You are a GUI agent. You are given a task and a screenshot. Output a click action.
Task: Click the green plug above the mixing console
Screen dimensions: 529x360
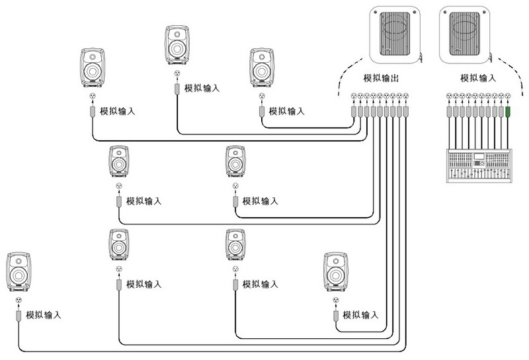508,112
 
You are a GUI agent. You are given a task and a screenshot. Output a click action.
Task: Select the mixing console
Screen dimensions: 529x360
479,166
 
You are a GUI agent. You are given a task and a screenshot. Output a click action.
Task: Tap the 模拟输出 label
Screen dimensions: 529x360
381,78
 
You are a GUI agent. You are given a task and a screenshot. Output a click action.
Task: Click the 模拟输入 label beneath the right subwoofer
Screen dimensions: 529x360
478,78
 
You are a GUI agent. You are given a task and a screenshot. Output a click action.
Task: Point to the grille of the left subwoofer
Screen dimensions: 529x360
395,34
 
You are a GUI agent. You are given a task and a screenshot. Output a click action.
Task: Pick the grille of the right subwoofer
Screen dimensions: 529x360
465,34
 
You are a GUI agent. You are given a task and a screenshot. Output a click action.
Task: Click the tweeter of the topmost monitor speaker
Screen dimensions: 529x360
177,34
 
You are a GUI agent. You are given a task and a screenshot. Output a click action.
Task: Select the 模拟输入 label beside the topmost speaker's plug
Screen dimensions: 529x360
202,89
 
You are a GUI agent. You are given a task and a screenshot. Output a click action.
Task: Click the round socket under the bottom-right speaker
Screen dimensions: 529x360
335,300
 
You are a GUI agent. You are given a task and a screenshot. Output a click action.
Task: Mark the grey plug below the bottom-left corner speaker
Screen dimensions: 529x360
19,316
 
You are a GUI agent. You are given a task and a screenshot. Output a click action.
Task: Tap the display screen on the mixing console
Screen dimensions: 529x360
479,157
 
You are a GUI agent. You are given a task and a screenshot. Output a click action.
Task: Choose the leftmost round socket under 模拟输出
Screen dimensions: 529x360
354,96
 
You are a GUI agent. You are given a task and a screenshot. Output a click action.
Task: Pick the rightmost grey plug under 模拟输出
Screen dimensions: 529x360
406,112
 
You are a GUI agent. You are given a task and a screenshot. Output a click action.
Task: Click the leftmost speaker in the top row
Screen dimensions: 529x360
93,68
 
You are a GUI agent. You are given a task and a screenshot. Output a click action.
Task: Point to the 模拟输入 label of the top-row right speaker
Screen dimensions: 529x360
287,111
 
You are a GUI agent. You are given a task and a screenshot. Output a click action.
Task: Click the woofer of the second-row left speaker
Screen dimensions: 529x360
119,165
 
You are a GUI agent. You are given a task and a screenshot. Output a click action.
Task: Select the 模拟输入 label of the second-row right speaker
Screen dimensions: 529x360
260,201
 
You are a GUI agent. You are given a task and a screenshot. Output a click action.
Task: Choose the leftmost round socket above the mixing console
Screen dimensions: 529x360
449,96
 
